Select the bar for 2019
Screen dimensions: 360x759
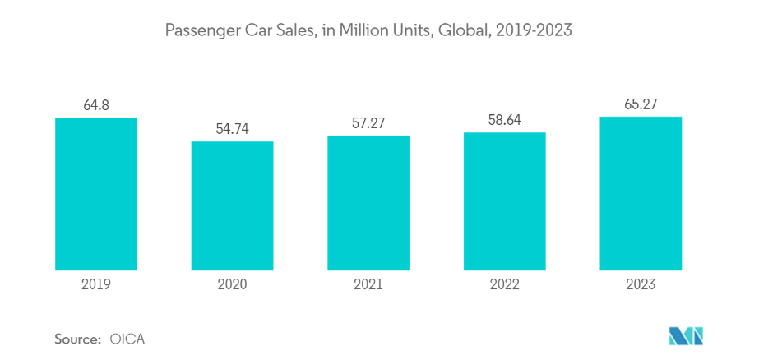[96, 194]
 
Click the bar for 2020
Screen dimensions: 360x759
[232, 205]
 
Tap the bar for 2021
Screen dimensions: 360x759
[368, 202]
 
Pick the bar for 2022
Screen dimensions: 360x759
[505, 201]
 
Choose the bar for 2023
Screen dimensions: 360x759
[641, 193]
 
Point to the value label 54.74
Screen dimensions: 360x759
[232, 128]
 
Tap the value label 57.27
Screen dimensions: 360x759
[368, 122]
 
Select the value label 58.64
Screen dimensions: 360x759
[505, 119]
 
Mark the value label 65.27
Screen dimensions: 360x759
[641, 104]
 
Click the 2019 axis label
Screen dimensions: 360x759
[96, 284]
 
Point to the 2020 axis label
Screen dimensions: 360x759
[232, 284]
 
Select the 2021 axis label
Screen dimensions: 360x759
[368, 284]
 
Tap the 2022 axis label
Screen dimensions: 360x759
[505, 284]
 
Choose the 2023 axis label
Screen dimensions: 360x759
[641, 284]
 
